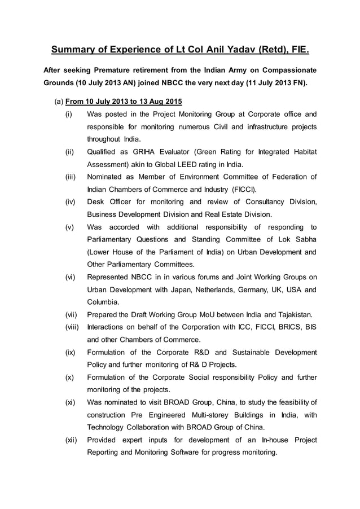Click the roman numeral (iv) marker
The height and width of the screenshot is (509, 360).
click(70, 202)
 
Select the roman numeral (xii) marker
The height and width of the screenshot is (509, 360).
click(71, 440)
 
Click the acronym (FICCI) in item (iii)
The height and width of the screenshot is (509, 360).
click(240, 189)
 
